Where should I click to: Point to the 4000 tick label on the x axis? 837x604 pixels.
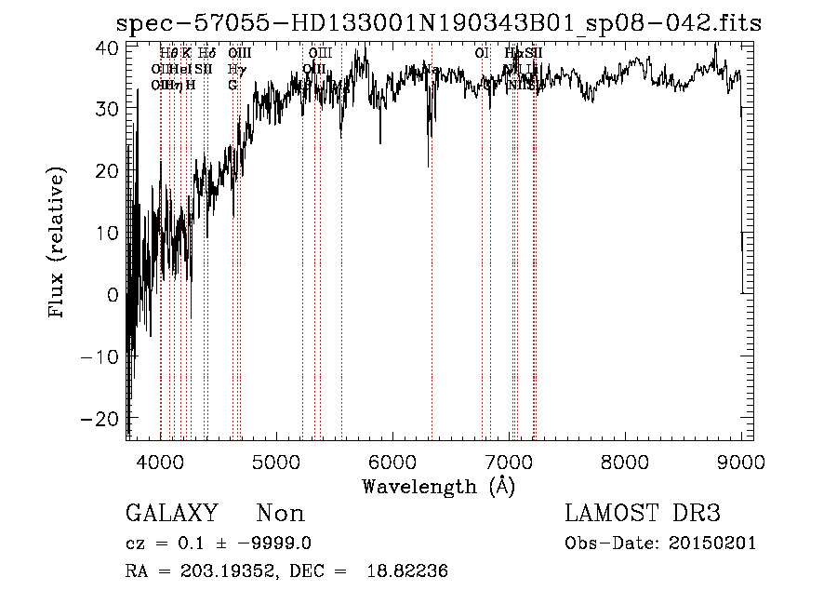tap(161, 461)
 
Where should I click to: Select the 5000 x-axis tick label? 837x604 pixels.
tap(276, 461)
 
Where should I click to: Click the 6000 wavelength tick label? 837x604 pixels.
tap(392, 461)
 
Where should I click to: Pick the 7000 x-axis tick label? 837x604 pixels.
tap(509, 461)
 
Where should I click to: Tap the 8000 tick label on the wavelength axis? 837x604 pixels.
tap(625, 461)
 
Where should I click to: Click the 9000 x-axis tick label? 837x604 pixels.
tap(740, 461)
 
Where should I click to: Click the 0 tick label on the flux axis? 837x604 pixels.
tap(112, 295)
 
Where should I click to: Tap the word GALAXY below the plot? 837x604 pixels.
tap(172, 514)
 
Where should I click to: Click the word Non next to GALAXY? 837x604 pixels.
tap(280, 514)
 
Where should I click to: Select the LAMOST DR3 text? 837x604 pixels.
tap(643, 514)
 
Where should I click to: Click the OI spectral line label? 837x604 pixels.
tap(482, 53)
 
